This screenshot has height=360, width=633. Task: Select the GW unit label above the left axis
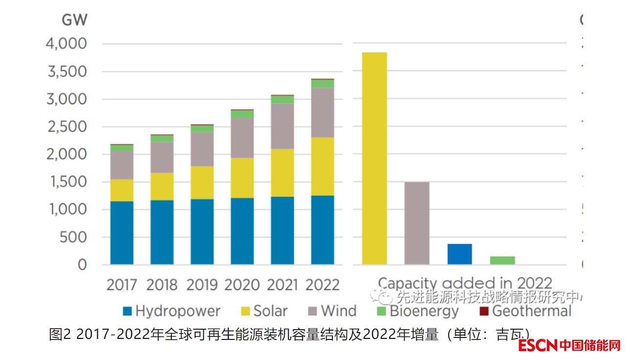(74, 20)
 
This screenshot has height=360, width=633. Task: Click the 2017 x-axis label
(122, 285)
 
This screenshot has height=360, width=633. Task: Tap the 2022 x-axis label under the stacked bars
(323, 285)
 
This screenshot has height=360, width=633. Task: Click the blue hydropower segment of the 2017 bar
(122, 233)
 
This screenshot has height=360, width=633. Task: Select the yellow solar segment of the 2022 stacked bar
(323, 166)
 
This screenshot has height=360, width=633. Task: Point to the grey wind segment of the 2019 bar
(202, 149)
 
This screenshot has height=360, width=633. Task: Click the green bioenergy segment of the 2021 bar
(283, 100)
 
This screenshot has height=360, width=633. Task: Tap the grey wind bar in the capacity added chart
(417, 223)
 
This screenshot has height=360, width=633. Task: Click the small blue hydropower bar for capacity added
(459, 254)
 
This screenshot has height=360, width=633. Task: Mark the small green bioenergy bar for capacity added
(502, 260)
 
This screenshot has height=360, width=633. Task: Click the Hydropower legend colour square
(128, 311)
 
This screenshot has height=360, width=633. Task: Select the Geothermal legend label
(531, 311)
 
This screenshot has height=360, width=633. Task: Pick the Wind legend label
(339, 311)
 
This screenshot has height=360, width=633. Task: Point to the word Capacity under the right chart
(407, 283)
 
